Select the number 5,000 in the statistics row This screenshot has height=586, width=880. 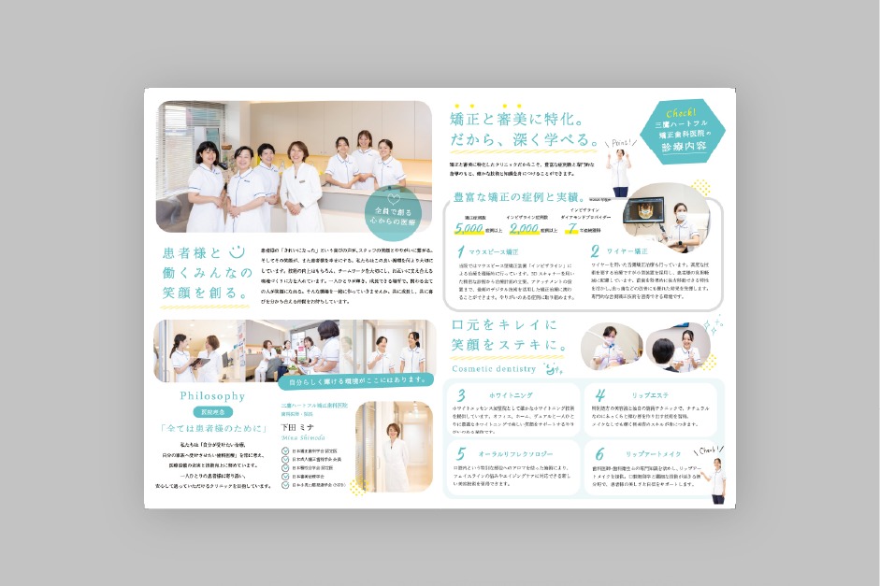(469, 228)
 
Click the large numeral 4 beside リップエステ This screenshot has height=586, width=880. (600, 394)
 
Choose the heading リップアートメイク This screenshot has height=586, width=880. (654, 453)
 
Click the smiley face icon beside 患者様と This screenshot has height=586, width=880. (236, 250)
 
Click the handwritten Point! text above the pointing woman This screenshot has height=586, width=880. (621, 143)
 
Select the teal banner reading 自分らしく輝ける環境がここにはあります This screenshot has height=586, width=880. (354, 380)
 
